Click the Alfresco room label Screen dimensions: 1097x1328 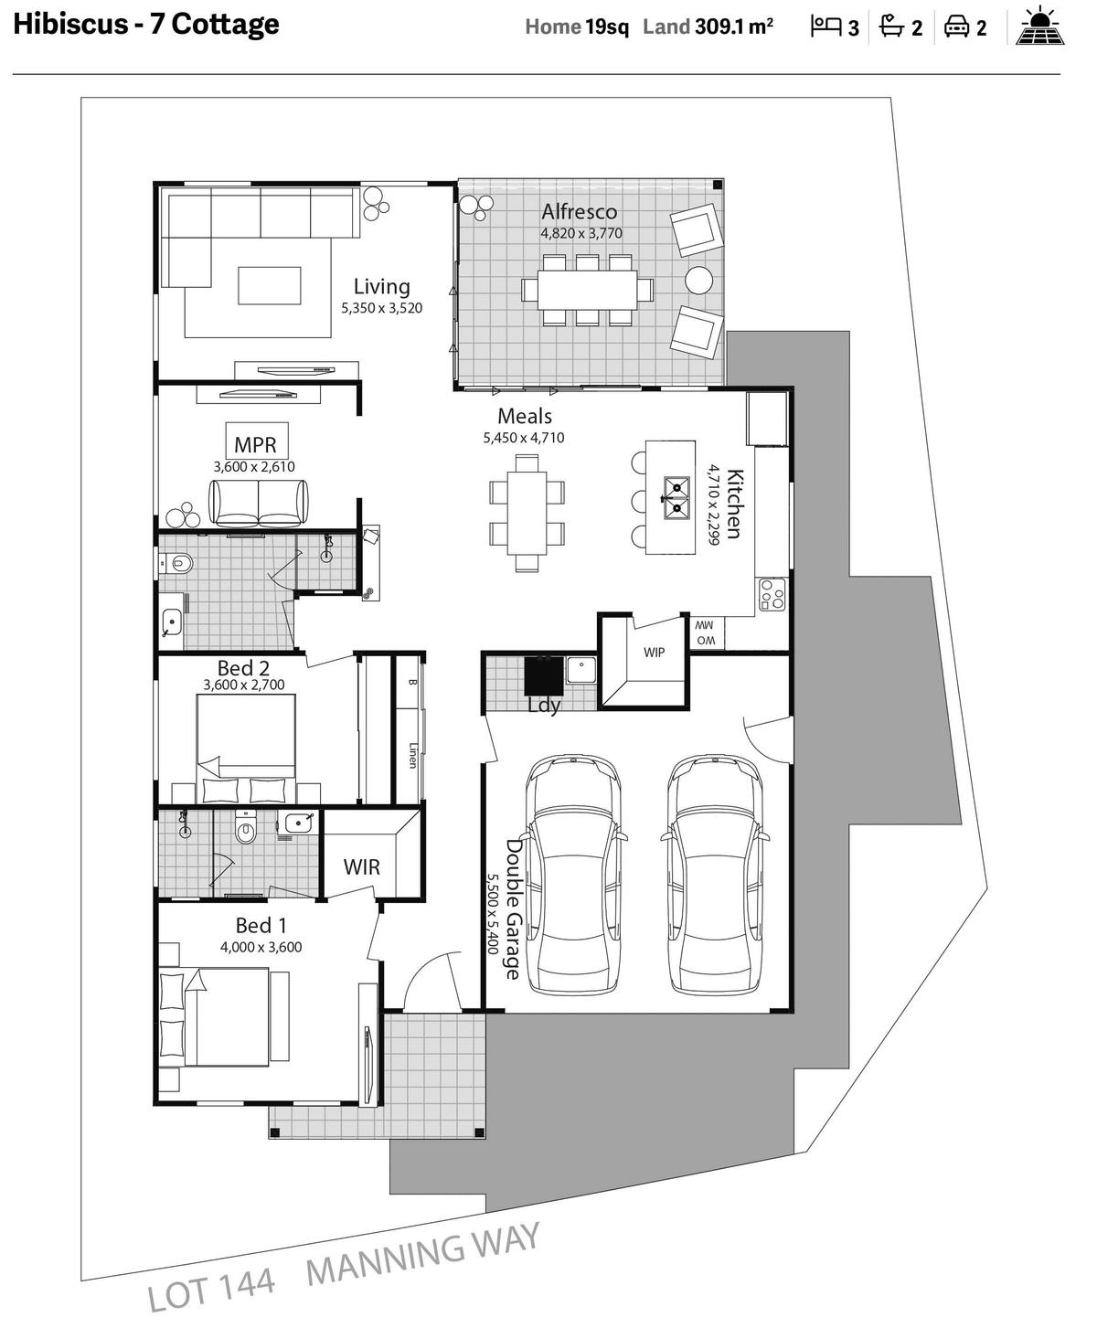coord(579,211)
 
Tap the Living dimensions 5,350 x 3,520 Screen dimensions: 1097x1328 coord(382,308)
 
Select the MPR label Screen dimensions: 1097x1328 coord(255,444)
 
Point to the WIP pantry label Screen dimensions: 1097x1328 coord(655,652)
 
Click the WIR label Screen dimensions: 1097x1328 coord(361,866)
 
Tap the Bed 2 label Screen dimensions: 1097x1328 coord(243,668)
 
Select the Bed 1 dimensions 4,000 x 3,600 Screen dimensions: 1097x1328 coord(261,947)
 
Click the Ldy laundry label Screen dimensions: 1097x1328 coord(545,706)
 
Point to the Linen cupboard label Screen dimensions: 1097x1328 coord(413,755)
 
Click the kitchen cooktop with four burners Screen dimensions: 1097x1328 coord(772,595)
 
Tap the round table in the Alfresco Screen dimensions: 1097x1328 coord(698,280)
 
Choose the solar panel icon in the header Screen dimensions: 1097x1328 coord(1039,27)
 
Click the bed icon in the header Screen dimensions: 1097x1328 coord(825,27)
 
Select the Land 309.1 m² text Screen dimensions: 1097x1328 coord(708,27)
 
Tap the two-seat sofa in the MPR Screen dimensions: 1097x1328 coord(259,503)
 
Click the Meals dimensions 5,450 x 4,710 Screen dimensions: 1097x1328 coord(524,438)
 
